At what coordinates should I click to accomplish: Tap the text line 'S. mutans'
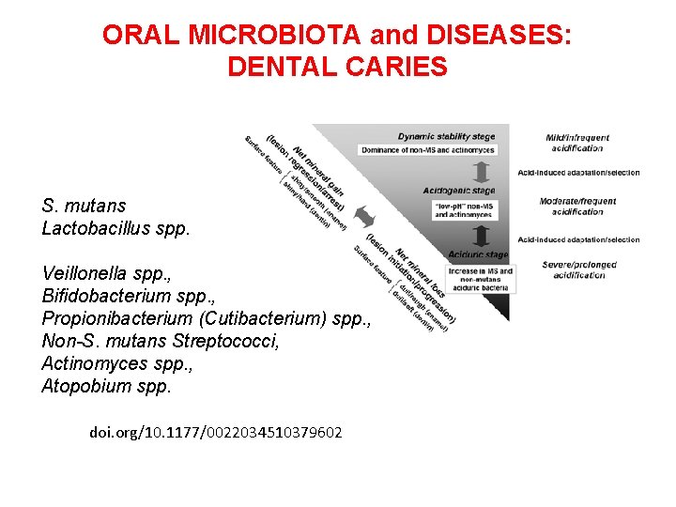tap(84, 206)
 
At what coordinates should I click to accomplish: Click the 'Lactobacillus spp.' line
tap(115, 227)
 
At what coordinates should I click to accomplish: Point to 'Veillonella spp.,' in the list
tap(106, 273)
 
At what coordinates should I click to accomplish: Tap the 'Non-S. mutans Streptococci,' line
tap(161, 341)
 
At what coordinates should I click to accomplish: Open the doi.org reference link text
tap(216, 433)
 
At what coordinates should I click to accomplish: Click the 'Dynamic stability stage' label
tap(445, 136)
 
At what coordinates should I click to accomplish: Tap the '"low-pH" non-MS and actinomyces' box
tap(461, 209)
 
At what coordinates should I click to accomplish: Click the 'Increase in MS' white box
tap(480, 276)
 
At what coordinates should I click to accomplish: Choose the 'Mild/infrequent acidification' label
tap(577, 143)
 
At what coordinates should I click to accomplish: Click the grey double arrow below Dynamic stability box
tap(480, 172)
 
